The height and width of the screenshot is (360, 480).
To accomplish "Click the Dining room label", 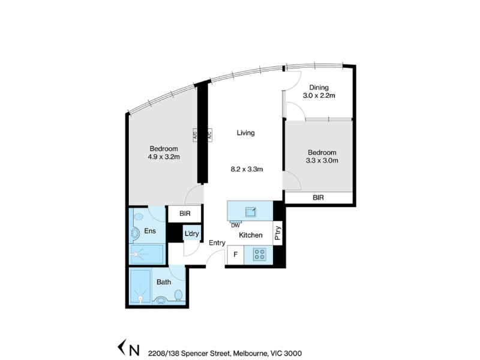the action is point(319,88).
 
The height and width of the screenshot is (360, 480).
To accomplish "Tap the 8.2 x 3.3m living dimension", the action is point(247,169).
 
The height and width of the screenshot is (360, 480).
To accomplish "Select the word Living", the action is point(245,133).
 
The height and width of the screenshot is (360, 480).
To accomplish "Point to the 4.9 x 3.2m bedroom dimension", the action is point(164,157).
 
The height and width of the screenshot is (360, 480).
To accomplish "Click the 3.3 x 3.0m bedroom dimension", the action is point(322,160).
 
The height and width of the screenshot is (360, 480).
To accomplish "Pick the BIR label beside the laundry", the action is point(185,214).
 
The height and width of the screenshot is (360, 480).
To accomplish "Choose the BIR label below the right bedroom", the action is point(319,198).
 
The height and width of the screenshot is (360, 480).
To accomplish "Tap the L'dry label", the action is point(191,234).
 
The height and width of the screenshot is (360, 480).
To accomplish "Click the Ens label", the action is point(150,231).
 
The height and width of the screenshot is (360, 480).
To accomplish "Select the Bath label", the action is point(164,282).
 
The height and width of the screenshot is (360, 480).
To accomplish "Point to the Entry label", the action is point(217,243).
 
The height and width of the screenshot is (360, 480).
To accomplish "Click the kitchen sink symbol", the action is point(250,212).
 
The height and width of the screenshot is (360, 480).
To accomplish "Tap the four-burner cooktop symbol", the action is point(260,254).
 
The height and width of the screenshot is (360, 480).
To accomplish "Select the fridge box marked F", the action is point(235,254).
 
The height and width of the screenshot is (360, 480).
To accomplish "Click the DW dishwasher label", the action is point(235,226).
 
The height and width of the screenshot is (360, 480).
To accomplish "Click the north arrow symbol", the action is point(122,348).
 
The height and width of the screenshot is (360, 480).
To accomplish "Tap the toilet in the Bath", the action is point(178,296).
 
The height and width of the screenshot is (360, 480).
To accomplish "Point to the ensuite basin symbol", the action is point(139,217).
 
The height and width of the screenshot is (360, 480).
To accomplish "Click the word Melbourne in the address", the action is point(250,353).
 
